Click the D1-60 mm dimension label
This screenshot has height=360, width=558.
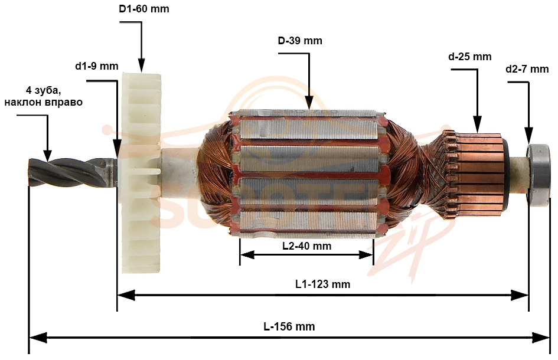click(143, 9)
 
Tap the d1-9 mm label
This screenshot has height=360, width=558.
click(96, 66)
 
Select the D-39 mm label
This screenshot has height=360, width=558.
click(300, 41)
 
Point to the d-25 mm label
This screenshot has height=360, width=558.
click(470, 57)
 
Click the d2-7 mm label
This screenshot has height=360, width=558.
click(527, 69)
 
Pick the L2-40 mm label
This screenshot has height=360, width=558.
click(307, 246)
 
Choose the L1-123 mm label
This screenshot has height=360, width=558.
click(323, 284)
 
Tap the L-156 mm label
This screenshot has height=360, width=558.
click(289, 326)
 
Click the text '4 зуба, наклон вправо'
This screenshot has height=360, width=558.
click(44, 96)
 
